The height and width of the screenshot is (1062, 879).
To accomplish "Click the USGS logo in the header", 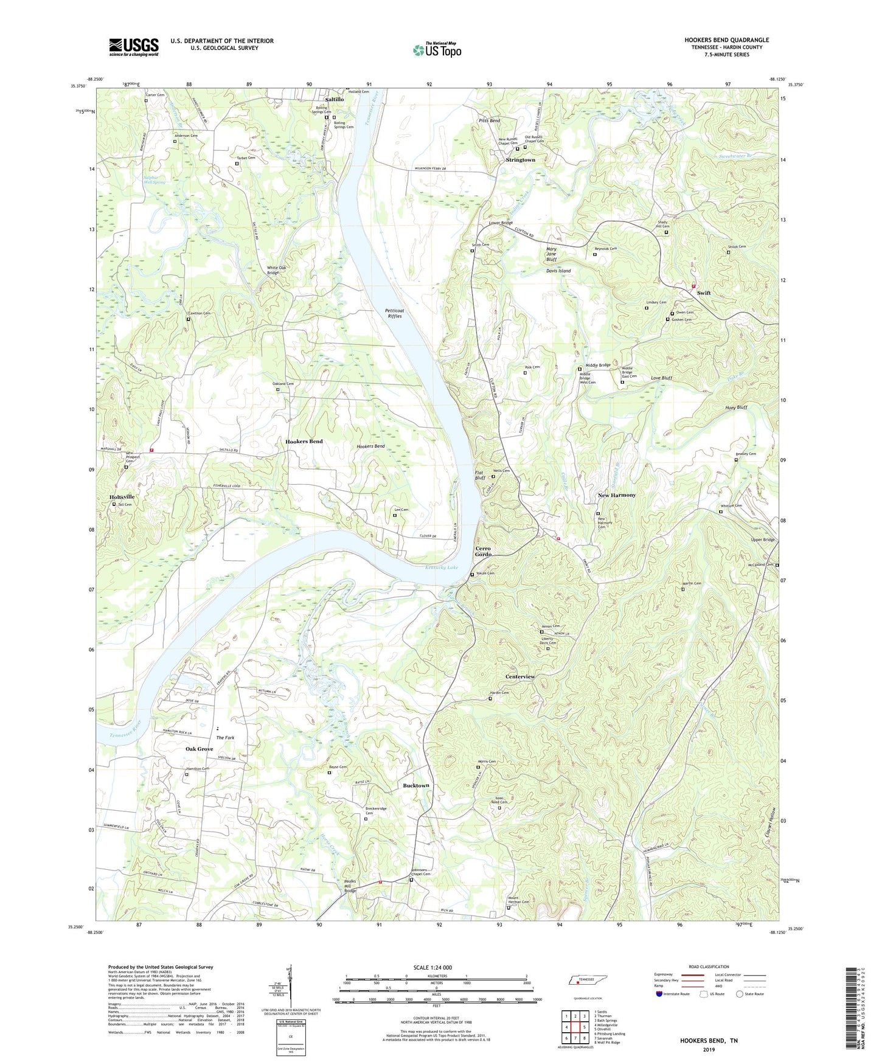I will (134, 46).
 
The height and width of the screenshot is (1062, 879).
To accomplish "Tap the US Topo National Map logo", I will (437, 50).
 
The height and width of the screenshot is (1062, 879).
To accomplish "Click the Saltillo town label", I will (335, 99).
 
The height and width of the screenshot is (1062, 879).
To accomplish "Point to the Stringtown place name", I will (521, 160).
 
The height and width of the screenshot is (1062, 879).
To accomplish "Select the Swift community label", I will (703, 293).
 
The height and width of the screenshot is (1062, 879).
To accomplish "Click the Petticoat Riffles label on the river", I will (394, 314).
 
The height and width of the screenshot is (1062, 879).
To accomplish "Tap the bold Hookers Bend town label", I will (304, 442).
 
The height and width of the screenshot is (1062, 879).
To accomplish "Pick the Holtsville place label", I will (122, 497).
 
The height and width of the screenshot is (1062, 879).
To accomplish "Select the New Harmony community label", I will (616, 495).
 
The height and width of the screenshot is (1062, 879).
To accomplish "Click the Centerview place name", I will (520, 677).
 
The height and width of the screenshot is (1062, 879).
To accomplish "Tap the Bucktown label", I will (416, 786).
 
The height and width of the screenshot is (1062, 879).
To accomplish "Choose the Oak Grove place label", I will (200, 749).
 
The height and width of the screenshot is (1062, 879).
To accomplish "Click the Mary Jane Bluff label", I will (551, 254).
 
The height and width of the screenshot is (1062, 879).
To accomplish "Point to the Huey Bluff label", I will (736, 408).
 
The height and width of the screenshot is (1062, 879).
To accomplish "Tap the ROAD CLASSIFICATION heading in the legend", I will (709, 967).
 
